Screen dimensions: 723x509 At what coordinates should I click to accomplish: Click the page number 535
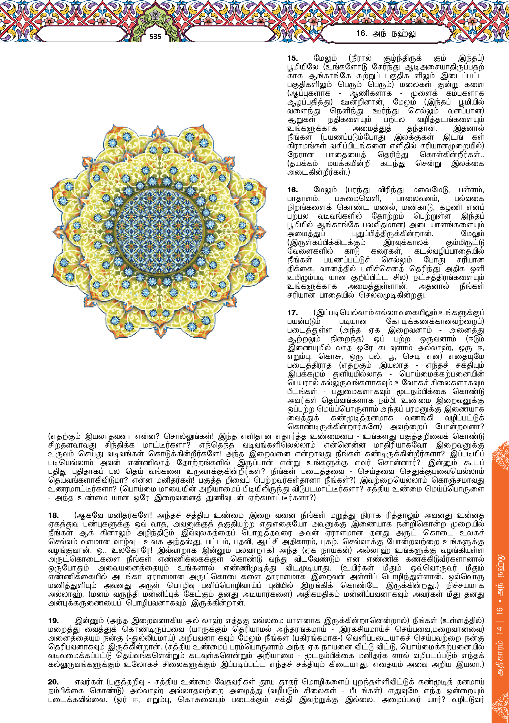pyautogui.click(x=155, y=37)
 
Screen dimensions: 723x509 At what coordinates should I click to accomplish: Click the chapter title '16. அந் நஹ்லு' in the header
pyautogui.click(x=386, y=34)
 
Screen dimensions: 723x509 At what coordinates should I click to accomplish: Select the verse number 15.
pyautogui.click(x=292, y=58)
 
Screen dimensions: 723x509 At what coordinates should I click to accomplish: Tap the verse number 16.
pyautogui.click(x=292, y=190)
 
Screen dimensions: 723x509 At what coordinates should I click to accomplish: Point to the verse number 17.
pyautogui.click(x=292, y=313)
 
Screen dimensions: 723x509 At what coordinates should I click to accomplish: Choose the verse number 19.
pyautogui.click(x=54, y=621)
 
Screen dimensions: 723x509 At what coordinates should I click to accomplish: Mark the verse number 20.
pyautogui.click(x=54, y=682)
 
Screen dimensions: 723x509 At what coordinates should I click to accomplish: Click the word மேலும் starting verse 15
pyautogui.click(x=325, y=58)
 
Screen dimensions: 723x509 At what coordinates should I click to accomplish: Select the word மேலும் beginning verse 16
pyautogui.click(x=325, y=190)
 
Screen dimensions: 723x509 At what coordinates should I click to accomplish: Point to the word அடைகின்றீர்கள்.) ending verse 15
pyautogui.click(x=318, y=173)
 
